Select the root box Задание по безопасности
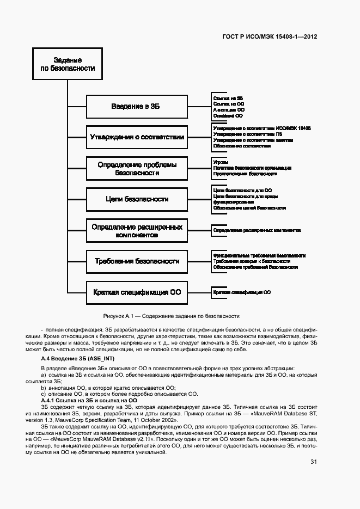68,64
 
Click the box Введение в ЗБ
137,106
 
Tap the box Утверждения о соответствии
137,137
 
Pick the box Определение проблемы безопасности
137,168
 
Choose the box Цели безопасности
137,199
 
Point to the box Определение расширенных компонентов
137,230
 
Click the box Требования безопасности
137,261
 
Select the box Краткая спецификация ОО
137,292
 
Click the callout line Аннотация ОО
229,109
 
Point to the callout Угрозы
221,162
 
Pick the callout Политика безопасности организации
252,168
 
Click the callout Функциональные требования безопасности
259,255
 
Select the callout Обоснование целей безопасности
249,208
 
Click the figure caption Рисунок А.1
171,316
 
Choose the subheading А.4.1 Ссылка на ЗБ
89,400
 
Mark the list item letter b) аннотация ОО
43,388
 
